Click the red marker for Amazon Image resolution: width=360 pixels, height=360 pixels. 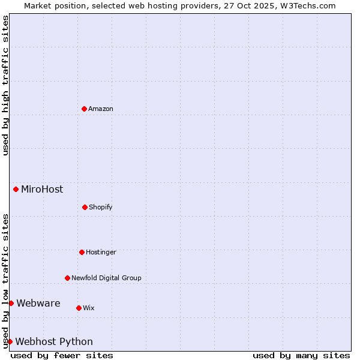(x=84, y=109)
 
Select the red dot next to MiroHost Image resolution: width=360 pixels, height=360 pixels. (x=16, y=189)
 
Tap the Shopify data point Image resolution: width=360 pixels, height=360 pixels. (x=85, y=207)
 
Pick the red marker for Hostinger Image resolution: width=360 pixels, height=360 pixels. (x=82, y=252)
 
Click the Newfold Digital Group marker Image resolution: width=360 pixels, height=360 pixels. (x=67, y=278)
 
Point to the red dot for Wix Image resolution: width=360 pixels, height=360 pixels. (x=79, y=308)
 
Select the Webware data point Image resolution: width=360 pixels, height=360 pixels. (x=11, y=303)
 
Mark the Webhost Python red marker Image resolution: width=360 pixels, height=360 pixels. (x=10, y=341)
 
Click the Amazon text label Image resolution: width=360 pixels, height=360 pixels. (x=101, y=109)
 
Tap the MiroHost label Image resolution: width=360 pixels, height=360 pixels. (x=42, y=189)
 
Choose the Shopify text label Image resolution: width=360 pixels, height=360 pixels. (x=101, y=207)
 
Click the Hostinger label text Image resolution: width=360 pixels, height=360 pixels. (x=101, y=252)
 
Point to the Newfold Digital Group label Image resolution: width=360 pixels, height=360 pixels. (x=106, y=278)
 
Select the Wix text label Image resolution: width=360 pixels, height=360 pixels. (x=89, y=308)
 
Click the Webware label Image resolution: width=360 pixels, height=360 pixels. (x=38, y=303)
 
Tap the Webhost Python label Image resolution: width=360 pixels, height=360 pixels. (x=54, y=341)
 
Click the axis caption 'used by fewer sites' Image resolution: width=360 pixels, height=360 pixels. (x=62, y=355)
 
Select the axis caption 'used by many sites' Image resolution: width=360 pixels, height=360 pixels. (x=301, y=355)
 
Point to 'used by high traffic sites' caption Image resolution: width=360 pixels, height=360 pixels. (x=5, y=85)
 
